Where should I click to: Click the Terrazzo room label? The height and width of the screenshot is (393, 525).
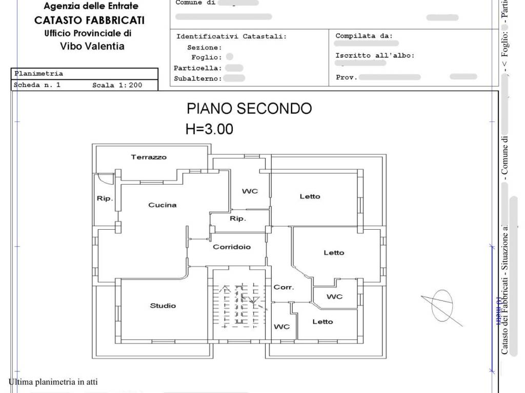click(x=149, y=157)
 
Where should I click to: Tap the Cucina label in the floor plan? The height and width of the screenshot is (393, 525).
click(x=163, y=205)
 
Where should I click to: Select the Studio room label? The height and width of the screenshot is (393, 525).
click(x=163, y=306)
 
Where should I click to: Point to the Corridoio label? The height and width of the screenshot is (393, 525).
click(x=232, y=247)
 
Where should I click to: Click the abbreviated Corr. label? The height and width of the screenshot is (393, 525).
click(x=284, y=288)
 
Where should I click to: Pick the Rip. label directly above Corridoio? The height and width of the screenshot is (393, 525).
click(x=237, y=219)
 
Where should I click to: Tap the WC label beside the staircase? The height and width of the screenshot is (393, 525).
click(x=282, y=327)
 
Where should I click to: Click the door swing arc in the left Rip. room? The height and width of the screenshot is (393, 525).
click(x=106, y=180)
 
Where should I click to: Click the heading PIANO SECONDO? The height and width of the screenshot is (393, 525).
click(x=249, y=108)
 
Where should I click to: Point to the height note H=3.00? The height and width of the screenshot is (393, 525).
click(x=209, y=129)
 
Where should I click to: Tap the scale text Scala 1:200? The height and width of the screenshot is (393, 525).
click(x=117, y=85)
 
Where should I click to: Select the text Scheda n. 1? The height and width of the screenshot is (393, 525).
click(x=37, y=85)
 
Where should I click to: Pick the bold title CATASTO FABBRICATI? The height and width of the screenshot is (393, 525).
click(x=89, y=20)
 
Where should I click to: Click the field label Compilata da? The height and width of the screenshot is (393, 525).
click(x=364, y=36)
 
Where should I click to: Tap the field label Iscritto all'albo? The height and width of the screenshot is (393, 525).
click(x=375, y=55)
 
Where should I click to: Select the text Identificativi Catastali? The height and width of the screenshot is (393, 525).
click(x=232, y=37)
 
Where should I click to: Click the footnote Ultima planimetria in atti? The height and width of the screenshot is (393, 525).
click(x=53, y=382)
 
